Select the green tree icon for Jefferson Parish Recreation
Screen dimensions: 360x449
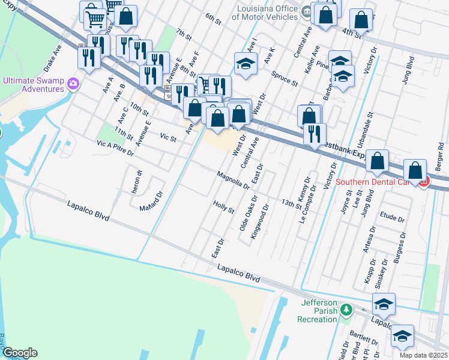point(345,310)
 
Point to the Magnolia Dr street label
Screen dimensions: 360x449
point(233,179)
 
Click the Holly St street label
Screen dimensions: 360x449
point(223,207)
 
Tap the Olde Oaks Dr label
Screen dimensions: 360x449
point(248,214)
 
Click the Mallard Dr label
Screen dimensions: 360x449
point(151,201)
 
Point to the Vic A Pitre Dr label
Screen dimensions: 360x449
point(115,148)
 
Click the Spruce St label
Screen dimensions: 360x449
point(284,79)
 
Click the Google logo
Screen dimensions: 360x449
point(19,353)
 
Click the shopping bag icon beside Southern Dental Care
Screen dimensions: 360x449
point(415,170)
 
